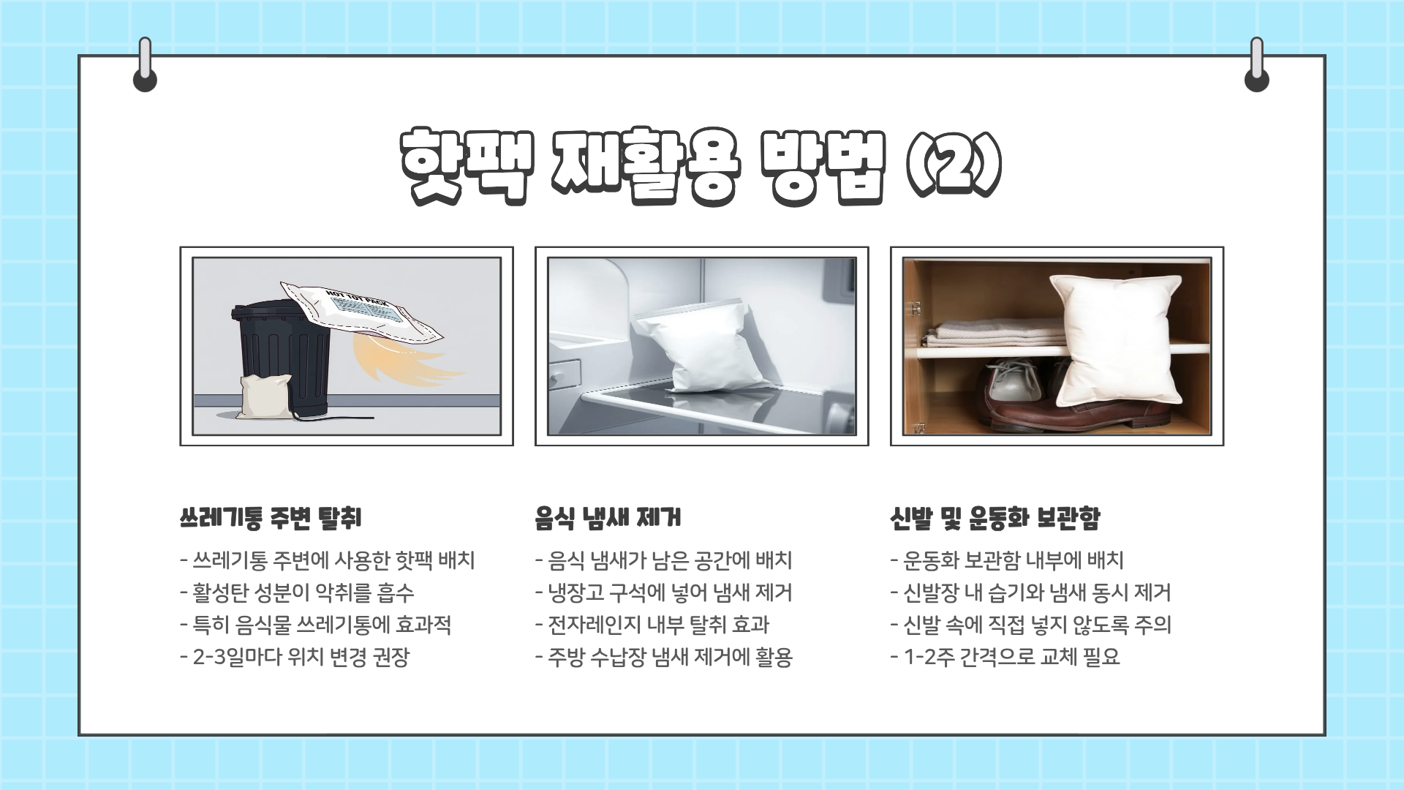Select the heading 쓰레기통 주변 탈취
[270, 519]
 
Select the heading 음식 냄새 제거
[607, 519]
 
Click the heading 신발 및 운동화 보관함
[994, 519]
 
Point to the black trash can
[282, 358]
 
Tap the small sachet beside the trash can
[265, 397]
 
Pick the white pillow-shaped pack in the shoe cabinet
[1115, 336]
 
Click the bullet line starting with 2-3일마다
[294, 657]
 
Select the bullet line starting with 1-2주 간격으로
[1005, 657]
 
